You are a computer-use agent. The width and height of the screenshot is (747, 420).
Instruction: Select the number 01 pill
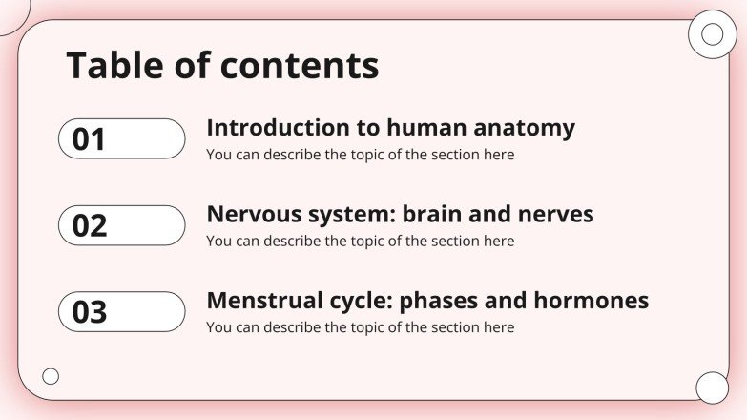coord(121,139)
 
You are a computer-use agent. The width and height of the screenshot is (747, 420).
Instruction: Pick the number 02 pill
coord(121,225)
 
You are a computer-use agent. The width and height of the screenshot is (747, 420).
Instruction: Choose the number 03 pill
coord(121,312)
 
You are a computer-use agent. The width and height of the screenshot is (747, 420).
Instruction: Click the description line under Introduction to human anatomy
coord(360,155)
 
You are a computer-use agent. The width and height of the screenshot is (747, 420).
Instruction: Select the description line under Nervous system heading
coord(360,241)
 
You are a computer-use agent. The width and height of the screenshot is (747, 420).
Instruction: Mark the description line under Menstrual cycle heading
coord(360,327)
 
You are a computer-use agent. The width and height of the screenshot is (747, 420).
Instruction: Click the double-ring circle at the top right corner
coord(712,35)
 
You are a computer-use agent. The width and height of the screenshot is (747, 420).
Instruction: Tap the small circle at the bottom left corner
coord(51,376)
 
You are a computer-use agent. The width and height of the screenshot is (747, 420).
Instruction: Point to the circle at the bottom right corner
coord(712,388)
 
